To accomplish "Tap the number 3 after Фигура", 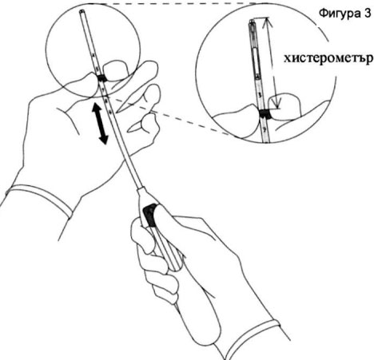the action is (366, 13).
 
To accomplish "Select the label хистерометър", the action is (328, 58).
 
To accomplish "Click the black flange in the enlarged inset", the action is (265, 114).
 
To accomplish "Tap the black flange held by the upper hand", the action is (101, 78).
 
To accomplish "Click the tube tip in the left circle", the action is (82, 11).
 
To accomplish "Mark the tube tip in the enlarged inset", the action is (251, 22).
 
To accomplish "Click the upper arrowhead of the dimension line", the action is (267, 23).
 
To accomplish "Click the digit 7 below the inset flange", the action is (265, 129).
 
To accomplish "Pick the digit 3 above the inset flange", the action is (260, 95).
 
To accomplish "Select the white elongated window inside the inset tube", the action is (255, 61).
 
